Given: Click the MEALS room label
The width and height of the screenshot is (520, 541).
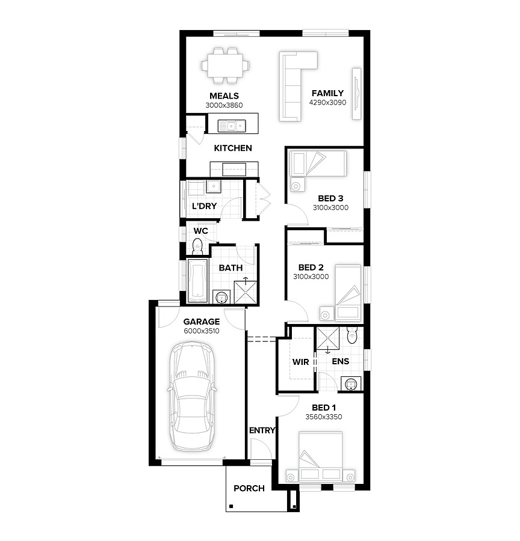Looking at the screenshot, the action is [x=224, y=96].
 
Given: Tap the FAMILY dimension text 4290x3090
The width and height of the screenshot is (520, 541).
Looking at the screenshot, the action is [x=327, y=102].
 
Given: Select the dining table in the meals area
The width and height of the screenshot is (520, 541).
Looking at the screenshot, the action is [x=225, y=65].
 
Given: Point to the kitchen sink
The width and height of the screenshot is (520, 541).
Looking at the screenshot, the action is [x=232, y=126].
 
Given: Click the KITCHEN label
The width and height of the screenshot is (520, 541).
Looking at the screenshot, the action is [x=233, y=148].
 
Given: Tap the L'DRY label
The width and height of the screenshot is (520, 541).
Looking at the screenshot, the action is [x=204, y=206].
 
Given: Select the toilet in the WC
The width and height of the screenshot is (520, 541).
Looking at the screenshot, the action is [x=197, y=246].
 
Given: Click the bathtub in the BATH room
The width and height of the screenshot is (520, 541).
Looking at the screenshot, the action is [x=197, y=281].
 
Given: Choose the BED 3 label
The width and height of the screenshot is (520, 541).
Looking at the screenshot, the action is [x=330, y=198].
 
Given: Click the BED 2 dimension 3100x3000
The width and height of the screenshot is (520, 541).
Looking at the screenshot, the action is [x=311, y=277].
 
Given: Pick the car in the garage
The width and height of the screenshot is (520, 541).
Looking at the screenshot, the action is [x=192, y=397].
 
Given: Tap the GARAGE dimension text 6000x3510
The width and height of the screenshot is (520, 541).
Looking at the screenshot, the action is [x=202, y=331].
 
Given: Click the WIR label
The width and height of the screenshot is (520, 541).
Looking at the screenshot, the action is [x=300, y=362].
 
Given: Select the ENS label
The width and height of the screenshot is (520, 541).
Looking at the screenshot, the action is [x=340, y=361].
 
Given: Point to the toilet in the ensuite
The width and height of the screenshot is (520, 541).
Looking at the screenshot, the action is [x=351, y=335].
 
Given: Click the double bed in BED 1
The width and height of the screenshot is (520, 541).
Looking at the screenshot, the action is [x=321, y=456].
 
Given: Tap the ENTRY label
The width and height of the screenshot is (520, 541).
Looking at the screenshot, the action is [x=262, y=430].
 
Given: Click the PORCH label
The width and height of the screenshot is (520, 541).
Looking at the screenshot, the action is [x=249, y=488].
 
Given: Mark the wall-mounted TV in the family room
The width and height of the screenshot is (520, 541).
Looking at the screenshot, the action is [x=356, y=94].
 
